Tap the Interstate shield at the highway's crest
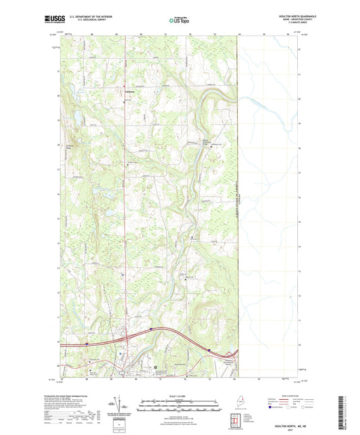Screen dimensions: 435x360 152,329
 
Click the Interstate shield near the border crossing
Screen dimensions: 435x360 210,350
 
